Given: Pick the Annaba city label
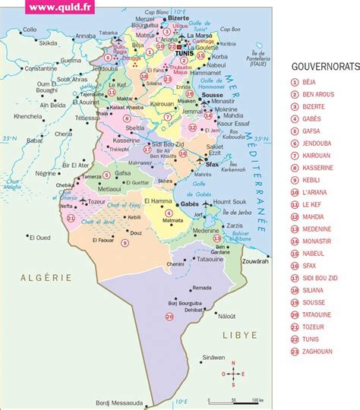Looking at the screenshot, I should point(86,35).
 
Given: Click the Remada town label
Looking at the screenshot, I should point(201,288).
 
